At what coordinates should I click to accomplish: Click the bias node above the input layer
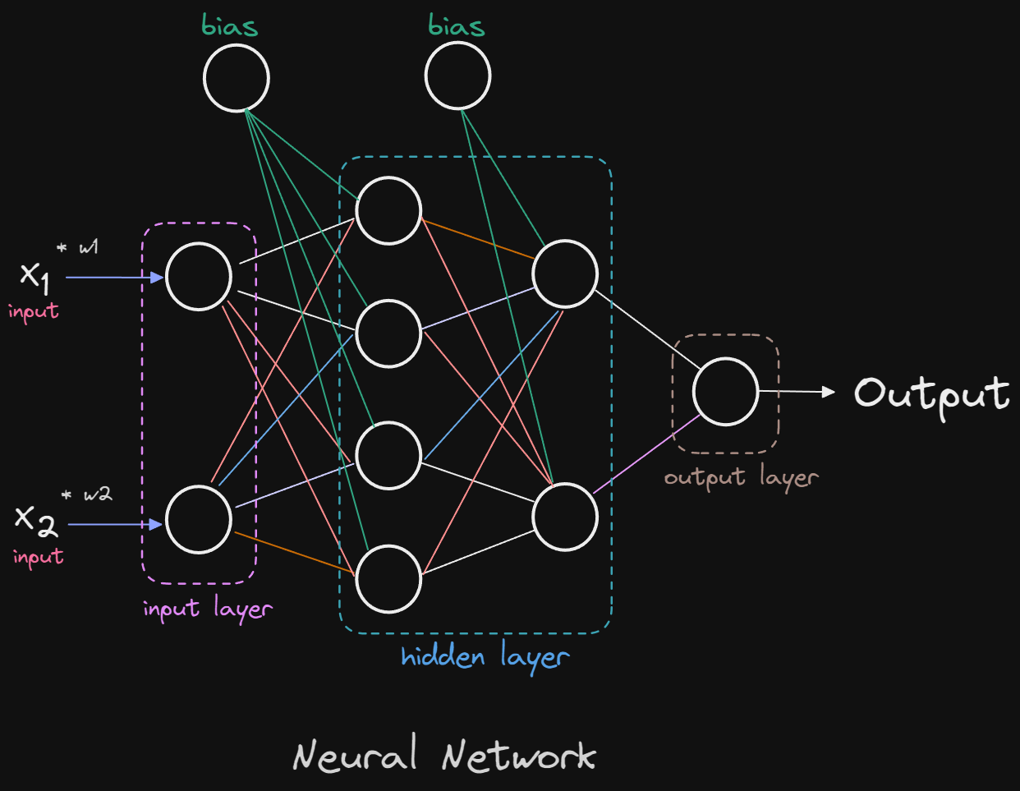(x=237, y=78)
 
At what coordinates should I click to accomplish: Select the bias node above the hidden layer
(x=457, y=76)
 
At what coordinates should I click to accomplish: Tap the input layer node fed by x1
(x=199, y=277)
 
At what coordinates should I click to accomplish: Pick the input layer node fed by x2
(x=199, y=519)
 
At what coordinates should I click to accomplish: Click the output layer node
(x=725, y=392)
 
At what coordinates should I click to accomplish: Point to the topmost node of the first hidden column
(x=388, y=210)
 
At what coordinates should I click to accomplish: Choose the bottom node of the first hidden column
(x=388, y=579)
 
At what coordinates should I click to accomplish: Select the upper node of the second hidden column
(x=565, y=274)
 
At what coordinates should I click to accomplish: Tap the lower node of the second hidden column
(x=565, y=517)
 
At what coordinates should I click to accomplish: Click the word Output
(x=931, y=394)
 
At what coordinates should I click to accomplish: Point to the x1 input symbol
(x=34, y=276)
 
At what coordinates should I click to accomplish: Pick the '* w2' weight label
(x=87, y=494)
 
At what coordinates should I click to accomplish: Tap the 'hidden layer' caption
(x=485, y=658)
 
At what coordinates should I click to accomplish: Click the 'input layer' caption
(x=207, y=609)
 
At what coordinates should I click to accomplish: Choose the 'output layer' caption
(x=741, y=478)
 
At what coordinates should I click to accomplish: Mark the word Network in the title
(x=518, y=755)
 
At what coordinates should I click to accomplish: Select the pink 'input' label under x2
(x=38, y=557)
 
